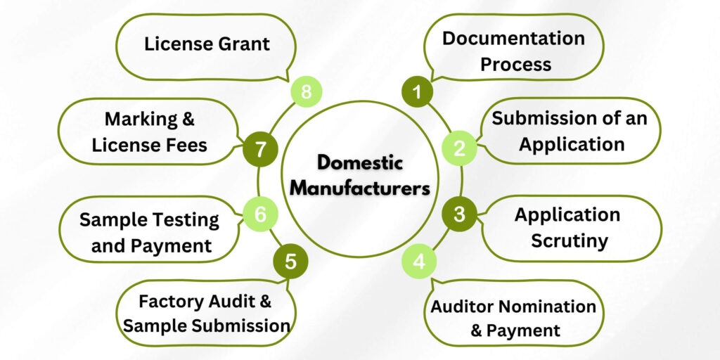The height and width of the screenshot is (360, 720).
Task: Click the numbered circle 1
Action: (418, 91)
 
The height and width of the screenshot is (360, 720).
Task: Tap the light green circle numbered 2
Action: (459, 148)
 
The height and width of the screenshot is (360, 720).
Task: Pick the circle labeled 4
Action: (419, 262)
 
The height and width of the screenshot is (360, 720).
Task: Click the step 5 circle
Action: (290, 262)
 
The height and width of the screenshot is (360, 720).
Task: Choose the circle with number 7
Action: (260, 149)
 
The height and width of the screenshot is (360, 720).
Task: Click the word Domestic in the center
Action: (359, 163)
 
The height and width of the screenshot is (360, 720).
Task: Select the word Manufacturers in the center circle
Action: (359, 188)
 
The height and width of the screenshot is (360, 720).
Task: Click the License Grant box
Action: (207, 44)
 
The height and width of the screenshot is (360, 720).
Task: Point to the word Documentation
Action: (513, 38)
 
